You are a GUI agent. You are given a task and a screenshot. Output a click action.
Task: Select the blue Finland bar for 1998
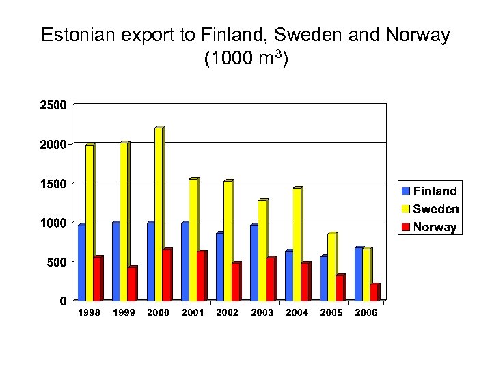click(81, 263)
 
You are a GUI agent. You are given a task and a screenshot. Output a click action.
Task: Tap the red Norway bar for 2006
click(374, 292)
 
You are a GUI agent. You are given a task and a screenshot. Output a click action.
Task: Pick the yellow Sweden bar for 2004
click(297, 245)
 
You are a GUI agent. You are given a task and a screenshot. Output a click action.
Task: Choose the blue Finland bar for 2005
click(323, 279)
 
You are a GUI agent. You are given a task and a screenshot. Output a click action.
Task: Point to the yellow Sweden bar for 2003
click(262, 251)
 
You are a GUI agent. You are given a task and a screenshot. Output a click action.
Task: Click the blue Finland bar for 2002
click(219, 267)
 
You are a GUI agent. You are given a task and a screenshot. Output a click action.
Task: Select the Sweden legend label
click(436, 209)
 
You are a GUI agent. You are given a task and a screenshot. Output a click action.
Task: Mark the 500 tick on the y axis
click(57, 262)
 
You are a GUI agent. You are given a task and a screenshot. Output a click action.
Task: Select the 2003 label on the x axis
click(262, 312)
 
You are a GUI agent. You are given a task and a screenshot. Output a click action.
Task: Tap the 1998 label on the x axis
click(89, 312)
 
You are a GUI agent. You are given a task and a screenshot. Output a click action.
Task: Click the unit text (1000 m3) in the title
click(246, 59)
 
